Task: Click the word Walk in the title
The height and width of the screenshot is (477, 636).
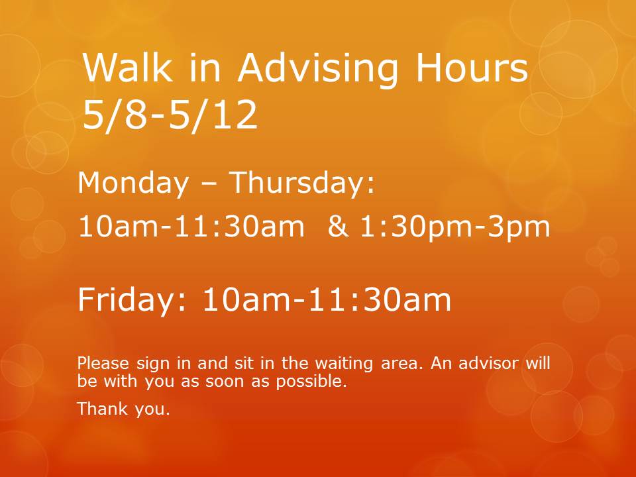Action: pyautogui.click(x=128, y=68)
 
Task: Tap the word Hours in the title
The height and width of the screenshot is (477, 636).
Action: pyautogui.click(x=472, y=68)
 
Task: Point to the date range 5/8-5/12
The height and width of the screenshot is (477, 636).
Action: pyautogui.click(x=170, y=115)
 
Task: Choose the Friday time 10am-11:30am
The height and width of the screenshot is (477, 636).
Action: pyautogui.click(x=327, y=299)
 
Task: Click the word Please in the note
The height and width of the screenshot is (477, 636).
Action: pyautogui.click(x=103, y=362)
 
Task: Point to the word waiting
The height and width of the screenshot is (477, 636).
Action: pyautogui.click(x=344, y=364)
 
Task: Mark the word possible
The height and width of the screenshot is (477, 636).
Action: pyautogui.click(x=311, y=382)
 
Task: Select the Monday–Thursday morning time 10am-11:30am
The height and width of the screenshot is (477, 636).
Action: pyautogui.click(x=191, y=227)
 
